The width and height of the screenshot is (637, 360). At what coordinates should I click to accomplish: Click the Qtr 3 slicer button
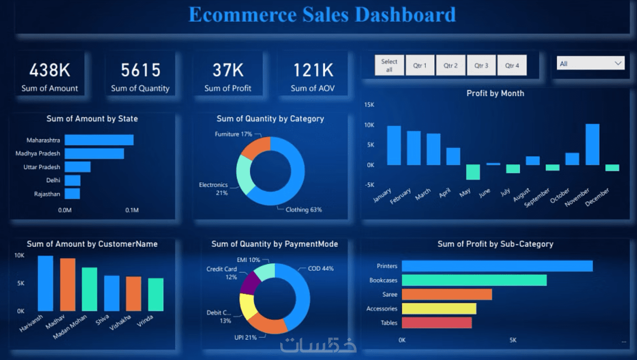481,65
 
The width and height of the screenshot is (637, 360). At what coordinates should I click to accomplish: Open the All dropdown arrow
618,64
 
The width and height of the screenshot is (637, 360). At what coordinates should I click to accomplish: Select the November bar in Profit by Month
592,144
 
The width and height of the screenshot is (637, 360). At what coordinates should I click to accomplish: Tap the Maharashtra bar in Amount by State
99,140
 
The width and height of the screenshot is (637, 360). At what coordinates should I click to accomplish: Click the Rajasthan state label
47,194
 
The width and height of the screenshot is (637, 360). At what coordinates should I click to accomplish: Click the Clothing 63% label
304,210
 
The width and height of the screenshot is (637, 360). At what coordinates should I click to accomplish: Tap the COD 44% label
321,268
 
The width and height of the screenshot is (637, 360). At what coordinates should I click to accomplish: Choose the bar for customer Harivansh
46,283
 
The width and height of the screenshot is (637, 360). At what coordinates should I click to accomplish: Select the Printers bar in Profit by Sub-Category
497,266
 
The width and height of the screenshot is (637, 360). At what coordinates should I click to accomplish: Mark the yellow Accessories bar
439,309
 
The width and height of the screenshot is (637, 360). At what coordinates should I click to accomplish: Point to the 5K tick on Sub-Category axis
513,340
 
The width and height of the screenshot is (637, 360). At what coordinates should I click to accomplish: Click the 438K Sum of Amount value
50,70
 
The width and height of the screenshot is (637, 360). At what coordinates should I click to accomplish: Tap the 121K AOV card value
313,70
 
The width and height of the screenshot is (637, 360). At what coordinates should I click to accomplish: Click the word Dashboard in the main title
405,15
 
